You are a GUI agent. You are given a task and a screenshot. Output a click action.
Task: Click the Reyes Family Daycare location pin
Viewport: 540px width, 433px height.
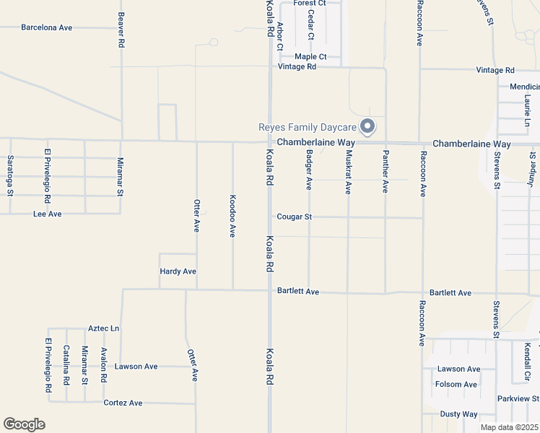[x=367, y=126]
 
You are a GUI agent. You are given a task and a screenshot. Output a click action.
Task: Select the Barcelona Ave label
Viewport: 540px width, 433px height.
[x=47, y=27]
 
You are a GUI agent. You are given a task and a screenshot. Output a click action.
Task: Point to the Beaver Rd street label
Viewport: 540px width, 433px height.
[x=121, y=30]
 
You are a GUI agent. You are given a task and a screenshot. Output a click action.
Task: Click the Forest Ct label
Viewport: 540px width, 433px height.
[x=310, y=4]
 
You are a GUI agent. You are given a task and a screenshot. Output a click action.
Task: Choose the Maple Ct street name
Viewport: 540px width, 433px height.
[x=311, y=56]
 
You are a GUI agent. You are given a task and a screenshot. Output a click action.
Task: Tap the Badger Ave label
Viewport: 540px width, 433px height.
[x=309, y=170]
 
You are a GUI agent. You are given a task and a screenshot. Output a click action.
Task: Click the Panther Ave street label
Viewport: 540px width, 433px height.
[x=386, y=172]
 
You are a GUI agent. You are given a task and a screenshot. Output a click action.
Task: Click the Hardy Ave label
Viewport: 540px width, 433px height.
[x=178, y=271]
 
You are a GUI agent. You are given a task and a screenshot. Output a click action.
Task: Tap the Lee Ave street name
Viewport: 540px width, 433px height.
[x=48, y=214]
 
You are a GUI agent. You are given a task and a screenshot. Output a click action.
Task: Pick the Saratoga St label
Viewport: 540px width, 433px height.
[x=10, y=175]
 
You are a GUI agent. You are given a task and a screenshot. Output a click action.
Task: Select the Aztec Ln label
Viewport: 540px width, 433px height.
[x=103, y=328]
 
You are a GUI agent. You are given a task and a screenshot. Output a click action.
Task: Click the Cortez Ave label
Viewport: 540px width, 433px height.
[x=123, y=403]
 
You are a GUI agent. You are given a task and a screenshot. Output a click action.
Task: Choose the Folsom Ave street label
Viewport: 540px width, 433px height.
[x=456, y=385]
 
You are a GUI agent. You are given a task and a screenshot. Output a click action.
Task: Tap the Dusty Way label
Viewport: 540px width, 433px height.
[x=459, y=414]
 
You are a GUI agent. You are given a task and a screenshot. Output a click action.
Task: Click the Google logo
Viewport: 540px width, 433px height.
[x=24, y=424]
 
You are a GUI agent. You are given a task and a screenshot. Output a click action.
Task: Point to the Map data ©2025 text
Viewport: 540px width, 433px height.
[x=508, y=427]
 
